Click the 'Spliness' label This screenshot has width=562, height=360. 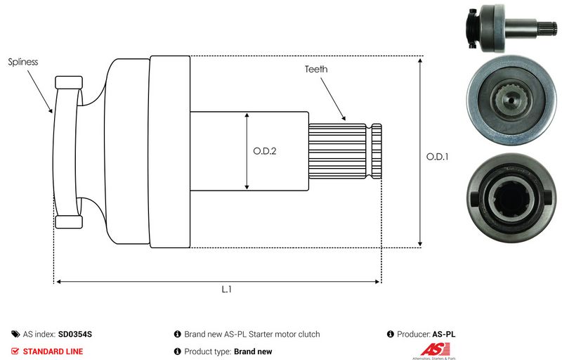point(23,62)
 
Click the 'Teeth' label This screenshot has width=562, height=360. point(316,70)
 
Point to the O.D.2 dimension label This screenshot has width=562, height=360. point(265,150)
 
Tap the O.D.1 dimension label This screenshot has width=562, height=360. point(437,157)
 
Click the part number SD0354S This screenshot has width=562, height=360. point(75,335)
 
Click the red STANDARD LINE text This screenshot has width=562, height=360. point(53,351)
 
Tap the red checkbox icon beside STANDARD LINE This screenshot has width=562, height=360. point(15,351)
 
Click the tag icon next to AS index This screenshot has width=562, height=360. point(15,335)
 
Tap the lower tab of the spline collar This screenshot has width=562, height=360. point(69,222)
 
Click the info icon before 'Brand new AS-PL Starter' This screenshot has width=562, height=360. point(177,335)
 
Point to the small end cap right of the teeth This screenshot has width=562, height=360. point(377,150)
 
